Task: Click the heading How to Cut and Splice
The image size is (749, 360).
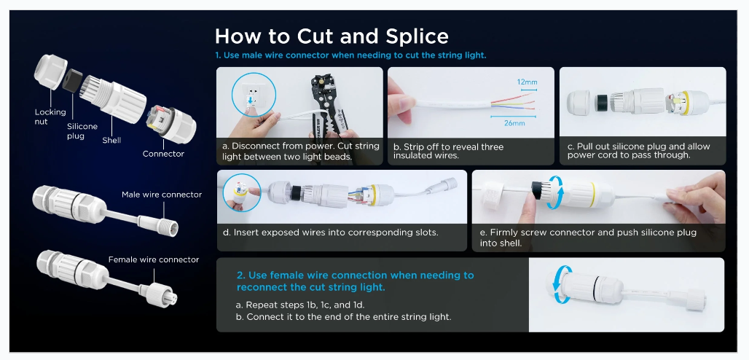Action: tap(332, 36)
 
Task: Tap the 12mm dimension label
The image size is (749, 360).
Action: tap(527, 82)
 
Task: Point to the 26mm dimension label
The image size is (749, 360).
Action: tap(514, 123)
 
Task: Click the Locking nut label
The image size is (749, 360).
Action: tap(50, 117)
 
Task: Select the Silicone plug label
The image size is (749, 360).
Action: tap(82, 131)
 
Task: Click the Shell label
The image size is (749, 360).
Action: tap(111, 141)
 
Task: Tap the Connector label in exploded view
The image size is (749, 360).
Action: tap(163, 154)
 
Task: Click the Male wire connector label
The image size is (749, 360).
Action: tap(162, 195)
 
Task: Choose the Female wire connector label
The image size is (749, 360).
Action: tap(154, 259)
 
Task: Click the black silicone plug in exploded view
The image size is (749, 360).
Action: tap(72, 79)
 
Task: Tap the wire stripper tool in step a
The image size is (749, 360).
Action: tap(330, 105)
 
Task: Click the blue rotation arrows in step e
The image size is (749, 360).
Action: tap(554, 192)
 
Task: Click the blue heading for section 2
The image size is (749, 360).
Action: tap(356, 281)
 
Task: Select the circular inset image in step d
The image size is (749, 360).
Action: tap(242, 192)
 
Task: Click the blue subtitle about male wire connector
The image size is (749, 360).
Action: tap(350, 55)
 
